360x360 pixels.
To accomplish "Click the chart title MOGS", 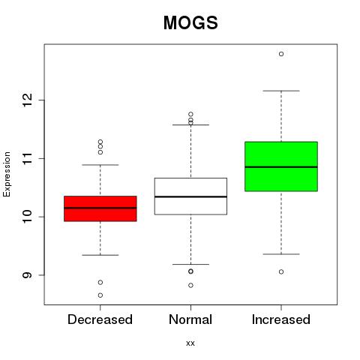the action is pos(190,22).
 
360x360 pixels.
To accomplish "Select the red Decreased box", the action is pos(100,208).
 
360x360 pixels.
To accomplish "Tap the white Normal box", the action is pos(190,196).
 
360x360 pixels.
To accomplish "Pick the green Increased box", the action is pos(281,166).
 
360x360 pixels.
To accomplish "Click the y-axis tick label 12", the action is pos(28,100).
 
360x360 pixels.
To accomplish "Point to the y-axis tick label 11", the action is pos(28,158).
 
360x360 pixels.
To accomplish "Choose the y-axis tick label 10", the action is pos(28,217).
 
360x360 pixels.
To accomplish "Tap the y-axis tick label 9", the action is pos(28,275).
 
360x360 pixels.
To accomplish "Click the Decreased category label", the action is pos(100,319).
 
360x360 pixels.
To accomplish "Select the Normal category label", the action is pos(190,319).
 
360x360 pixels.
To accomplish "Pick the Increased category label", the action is pos(281,319).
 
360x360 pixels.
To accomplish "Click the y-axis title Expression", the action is pos(7,174).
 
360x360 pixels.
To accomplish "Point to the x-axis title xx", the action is pos(190,343).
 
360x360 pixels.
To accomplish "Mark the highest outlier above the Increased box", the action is pos(281,54).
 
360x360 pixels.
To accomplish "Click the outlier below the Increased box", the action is pos(281,271).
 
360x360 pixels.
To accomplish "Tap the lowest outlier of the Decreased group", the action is pos(100,295).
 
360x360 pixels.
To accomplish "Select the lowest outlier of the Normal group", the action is pos(190,285).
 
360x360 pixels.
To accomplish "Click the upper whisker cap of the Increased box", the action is pos(281,91).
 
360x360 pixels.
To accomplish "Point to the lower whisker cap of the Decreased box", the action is pos(100,255).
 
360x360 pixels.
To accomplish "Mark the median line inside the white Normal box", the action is pos(190,196).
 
